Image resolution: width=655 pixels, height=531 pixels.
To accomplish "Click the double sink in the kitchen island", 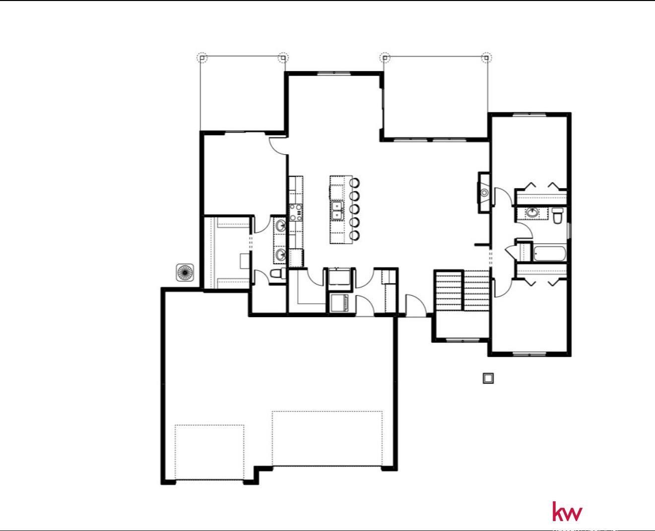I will [x=337, y=210].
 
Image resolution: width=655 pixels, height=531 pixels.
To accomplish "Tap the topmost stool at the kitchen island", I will [x=355, y=182].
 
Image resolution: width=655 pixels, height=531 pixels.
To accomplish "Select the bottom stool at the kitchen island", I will [x=355, y=235].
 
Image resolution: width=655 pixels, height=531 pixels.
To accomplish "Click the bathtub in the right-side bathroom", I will [x=549, y=253].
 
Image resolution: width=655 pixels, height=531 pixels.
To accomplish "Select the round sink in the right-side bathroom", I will [x=532, y=213].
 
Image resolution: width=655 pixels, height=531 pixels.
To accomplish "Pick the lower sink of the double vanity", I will [x=280, y=255].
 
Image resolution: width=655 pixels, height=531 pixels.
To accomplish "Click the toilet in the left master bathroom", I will [x=276, y=273].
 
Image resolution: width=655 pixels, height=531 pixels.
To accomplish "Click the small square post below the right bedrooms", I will [x=488, y=378].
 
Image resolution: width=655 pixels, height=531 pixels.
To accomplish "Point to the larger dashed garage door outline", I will [x=327, y=439].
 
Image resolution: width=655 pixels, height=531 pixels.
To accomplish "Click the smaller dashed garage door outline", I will [x=209, y=452].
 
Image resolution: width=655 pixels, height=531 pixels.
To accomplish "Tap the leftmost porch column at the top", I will [x=202, y=58].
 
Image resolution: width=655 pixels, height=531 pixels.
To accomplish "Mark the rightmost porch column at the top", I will [x=487, y=58].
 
